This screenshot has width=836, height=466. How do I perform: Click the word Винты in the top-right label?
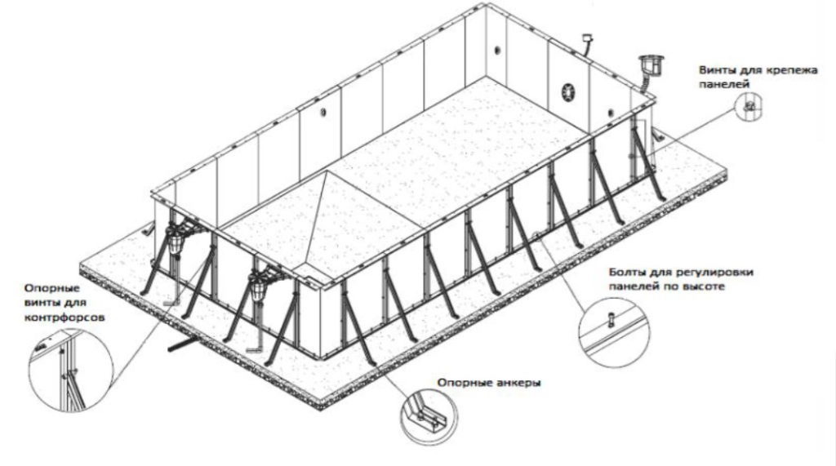[x=714, y=70]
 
